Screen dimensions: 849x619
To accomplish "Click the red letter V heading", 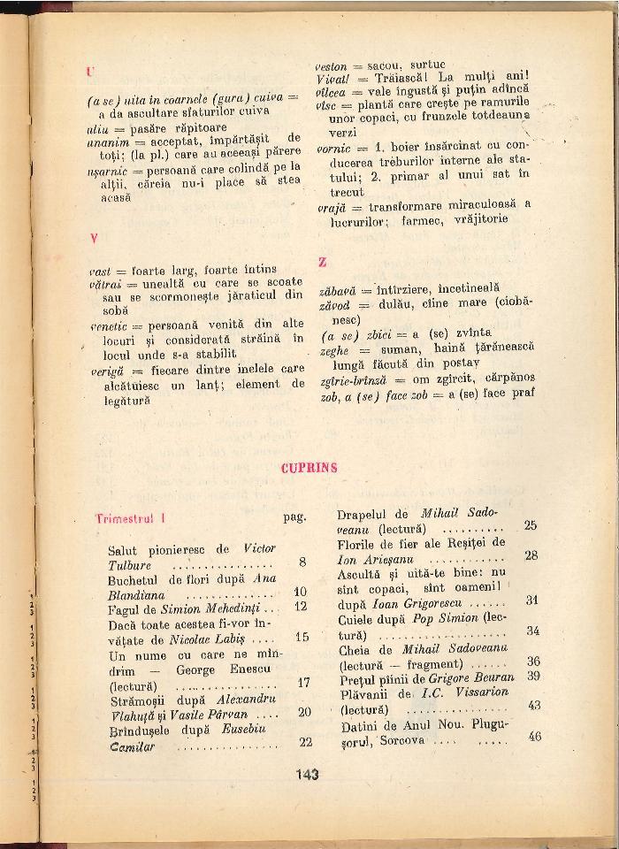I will pyautogui.click(x=92, y=239).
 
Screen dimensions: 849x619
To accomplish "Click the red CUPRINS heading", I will pyautogui.click(x=309, y=469).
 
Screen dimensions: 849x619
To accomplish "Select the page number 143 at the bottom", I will pyautogui.click(x=308, y=774).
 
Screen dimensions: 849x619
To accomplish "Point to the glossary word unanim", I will pyautogui.click(x=103, y=141).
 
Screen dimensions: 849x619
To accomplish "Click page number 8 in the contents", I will pyautogui.click(x=302, y=562).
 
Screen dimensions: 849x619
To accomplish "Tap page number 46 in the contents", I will pyautogui.click(x=533, y=736).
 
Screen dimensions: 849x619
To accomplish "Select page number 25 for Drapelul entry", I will pyautogui.click(x=531, y=525).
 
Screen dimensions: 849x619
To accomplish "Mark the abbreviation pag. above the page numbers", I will pyautogui.click(x=294, y=517).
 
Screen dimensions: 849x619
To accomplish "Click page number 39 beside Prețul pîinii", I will pyautogui.click(x=533, y=676).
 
